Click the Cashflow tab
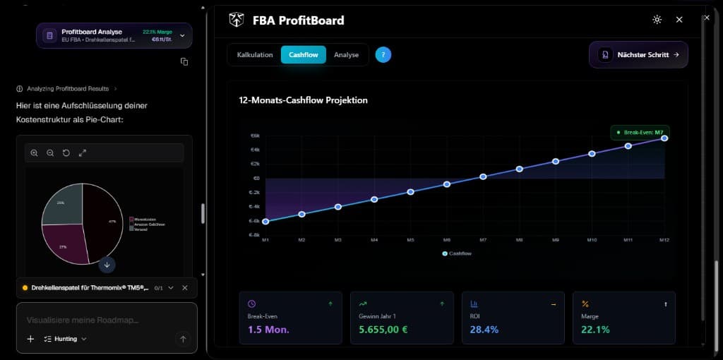coord(304,55)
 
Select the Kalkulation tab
coord(255,55)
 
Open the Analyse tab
coord(346,55)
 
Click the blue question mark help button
coord(383,55)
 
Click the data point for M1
coord(265,222)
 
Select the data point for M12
coord(664,138)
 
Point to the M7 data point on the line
coord(483,176)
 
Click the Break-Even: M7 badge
coord(640,132)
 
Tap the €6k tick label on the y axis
coord(255,136)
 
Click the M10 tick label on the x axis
coord(592,241)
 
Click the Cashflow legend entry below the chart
coord(457,253)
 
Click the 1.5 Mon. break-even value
coord(268,330)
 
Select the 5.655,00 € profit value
coord(383,330)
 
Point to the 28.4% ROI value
coord(484,330)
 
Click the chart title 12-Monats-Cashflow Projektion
coord(303,100)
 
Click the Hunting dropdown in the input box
coord(66,340)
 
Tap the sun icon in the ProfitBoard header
coord(657,20)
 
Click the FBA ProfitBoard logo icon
coord(237,20)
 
